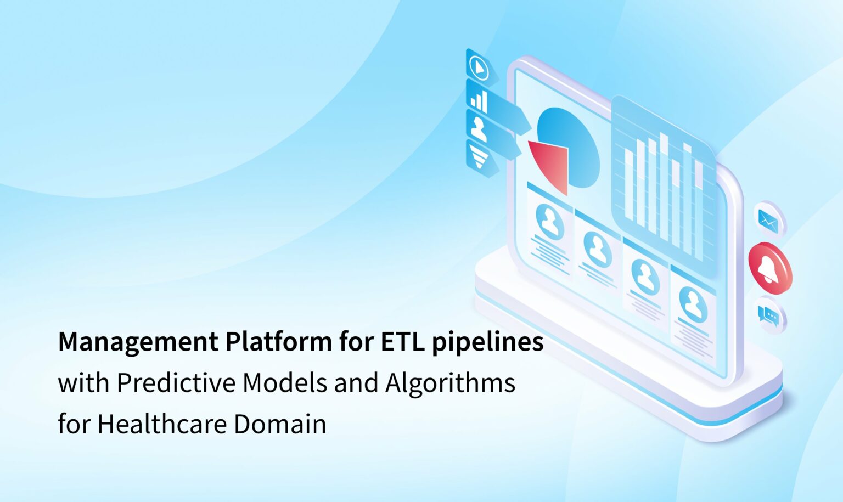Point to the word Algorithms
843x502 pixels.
click(450, 383)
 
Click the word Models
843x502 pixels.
click(285, 382)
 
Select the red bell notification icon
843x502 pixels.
click(769, 268)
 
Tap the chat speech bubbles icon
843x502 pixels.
click(768, 315)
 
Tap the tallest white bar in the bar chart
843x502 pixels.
click(664, 187)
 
